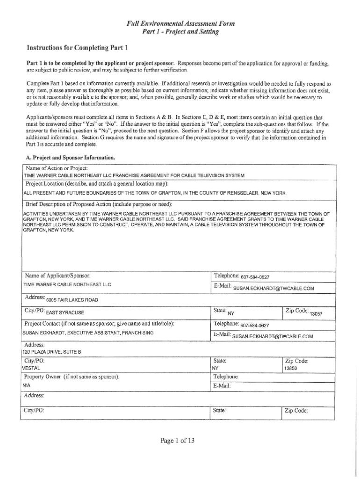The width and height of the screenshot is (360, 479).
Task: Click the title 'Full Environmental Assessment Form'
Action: tap(180, 23)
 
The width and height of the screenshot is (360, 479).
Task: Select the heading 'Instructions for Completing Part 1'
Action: tap(77, 48)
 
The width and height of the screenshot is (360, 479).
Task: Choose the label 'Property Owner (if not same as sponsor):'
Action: tap(72, 377)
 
